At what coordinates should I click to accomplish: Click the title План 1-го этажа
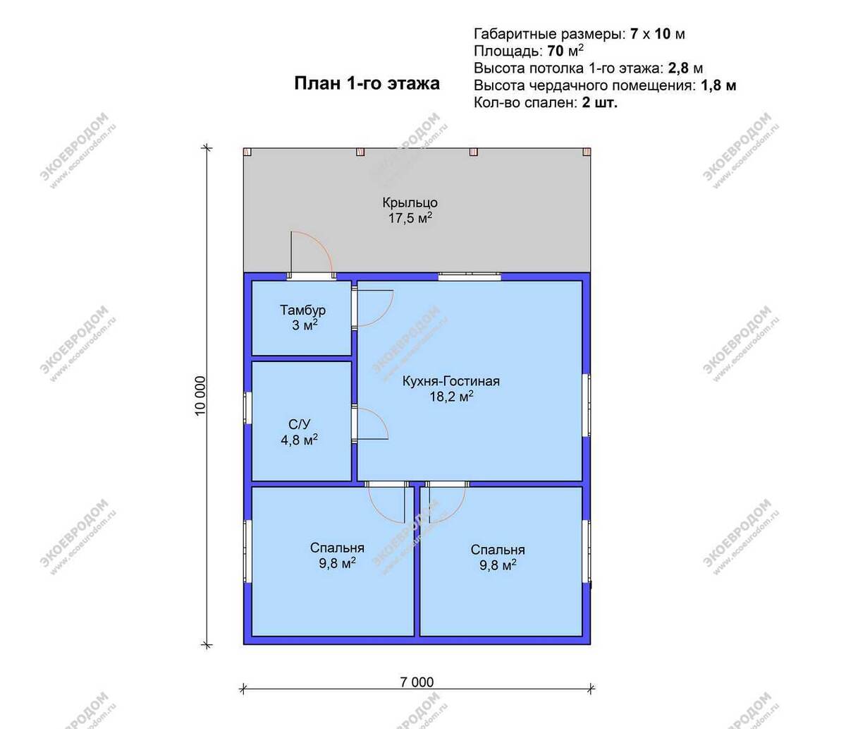(367, 83)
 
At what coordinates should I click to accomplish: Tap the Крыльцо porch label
(410, 203)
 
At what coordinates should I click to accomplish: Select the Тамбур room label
(303, 310)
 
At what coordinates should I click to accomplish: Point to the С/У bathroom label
(299, 423)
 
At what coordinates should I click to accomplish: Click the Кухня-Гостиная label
(451, 381)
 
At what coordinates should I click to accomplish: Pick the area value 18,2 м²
(451, 397)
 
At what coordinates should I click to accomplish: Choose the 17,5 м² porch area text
(410, 217)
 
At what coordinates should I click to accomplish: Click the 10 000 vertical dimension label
(200, 396)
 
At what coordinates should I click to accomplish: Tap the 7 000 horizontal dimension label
(417, 682)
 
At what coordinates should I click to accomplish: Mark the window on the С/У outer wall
(247, 408)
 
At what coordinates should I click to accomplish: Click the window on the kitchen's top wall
(470, 276)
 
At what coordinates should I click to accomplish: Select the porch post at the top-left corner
(247, 152)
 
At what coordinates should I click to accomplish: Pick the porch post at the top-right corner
(587, 152)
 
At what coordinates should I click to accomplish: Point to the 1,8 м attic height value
(718, 85)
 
